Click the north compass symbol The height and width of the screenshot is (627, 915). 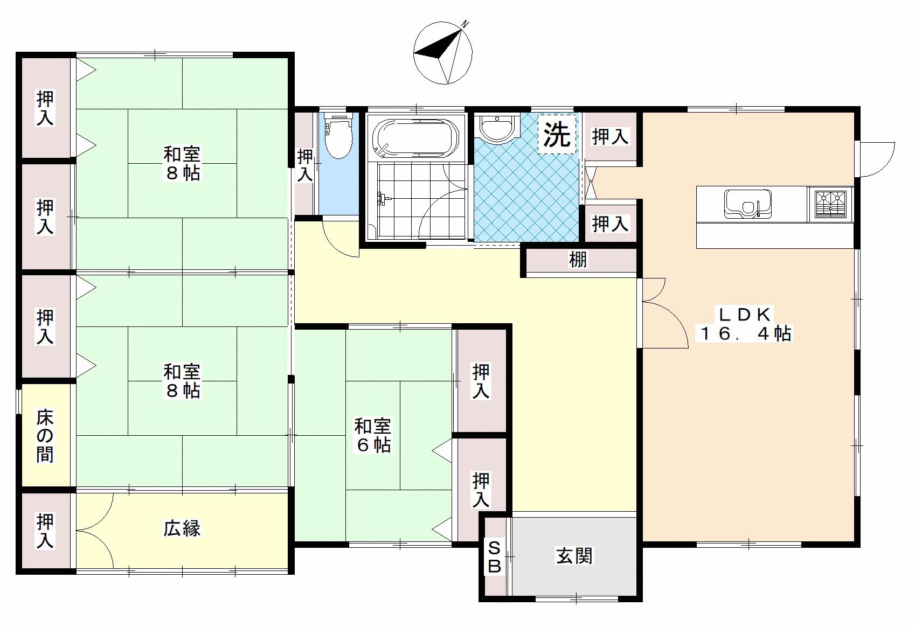point(443,53)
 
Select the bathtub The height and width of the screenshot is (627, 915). point(416,138)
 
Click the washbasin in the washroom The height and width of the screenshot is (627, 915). point(497,129)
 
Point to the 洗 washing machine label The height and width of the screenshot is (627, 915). point(557,134)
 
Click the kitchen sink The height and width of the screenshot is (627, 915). point(747,203)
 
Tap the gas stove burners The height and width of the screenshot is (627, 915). point(830,204)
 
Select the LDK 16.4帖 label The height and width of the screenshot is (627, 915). point(745,324)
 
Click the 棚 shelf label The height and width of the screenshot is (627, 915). point(578,260)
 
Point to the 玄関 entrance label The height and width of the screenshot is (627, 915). point(574,555)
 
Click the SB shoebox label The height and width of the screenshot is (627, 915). point(495,558)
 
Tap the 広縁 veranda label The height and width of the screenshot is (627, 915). point(182,528)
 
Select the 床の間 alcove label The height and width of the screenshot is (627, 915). point(45,436)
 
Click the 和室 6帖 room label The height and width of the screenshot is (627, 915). point(372,435)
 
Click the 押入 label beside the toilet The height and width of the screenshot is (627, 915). point(305,165)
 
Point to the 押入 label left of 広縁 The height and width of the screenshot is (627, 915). point(45,531)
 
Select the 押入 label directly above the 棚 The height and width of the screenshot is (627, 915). point(610,224)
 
